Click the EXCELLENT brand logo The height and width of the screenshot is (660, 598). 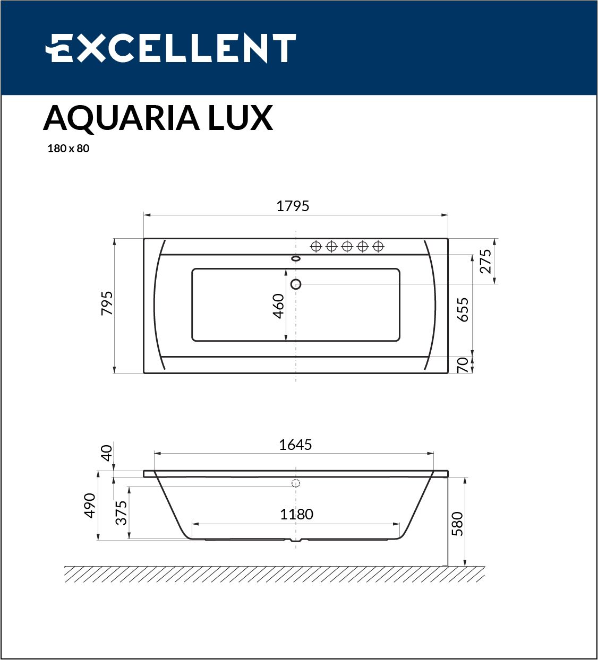point(170,48)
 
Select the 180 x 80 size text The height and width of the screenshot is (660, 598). point(69,149)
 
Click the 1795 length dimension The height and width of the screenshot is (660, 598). point(293,206)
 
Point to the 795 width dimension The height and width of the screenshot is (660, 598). point(107,303)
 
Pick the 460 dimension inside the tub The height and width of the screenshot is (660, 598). point(278,306)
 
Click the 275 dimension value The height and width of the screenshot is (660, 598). point(485,262)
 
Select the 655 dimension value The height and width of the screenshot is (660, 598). point(463,310)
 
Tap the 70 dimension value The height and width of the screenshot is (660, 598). point(463,365)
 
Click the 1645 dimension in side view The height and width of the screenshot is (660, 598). point(295,445)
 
